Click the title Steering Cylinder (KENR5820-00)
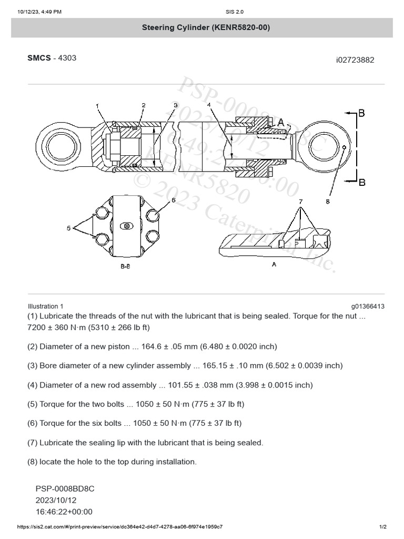pos(206,27)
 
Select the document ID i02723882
pos(355,60)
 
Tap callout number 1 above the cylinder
pos(97,106)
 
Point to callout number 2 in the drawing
pos(143,105)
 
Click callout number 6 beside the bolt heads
pos(173,201)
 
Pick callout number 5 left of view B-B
pos(68,228)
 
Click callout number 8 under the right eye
pos(327,201)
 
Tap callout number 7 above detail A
pos(300,201)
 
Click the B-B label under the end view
pos(125,267)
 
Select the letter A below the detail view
pos(274,265)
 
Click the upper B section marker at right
pos(361,112)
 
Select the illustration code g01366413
pos(368,306)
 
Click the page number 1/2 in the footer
pos(383,527)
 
